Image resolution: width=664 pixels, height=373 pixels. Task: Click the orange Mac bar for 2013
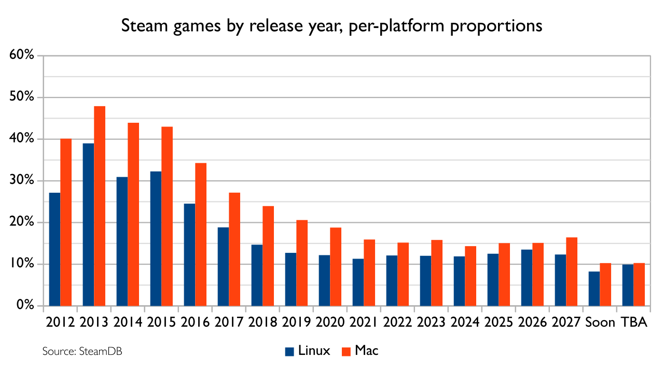coord(100,206)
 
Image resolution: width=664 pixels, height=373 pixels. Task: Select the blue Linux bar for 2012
coord(54,249)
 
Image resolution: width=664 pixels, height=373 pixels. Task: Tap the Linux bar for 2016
coord(189,254)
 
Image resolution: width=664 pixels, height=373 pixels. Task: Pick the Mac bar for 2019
coord(302,263)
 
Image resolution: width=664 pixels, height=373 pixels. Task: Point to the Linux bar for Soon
coord(594,289)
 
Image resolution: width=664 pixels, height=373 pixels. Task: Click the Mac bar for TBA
coord(639,284)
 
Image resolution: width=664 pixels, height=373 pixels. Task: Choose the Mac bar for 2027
coord(572,271)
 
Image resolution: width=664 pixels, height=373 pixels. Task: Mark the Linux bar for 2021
coord(358,282)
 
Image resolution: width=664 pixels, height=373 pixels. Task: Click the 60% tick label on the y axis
coord(22,55)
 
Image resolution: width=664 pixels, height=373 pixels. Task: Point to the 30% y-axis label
coord(22,180)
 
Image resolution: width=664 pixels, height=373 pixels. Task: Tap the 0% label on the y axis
coord(25,305)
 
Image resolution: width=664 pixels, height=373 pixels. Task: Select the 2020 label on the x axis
coord(330,322)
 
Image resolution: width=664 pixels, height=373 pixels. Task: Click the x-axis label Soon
coord(600,322)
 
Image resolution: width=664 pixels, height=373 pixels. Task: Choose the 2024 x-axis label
coord(465,322)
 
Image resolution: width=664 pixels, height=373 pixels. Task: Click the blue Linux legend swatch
coord(289,351)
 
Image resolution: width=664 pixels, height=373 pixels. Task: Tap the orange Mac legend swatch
coord(346,351)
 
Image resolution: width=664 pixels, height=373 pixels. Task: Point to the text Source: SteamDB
coord(82,351)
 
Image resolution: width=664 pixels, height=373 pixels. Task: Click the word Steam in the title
coord(144,25)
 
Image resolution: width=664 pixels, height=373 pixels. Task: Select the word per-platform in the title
coord(396,26)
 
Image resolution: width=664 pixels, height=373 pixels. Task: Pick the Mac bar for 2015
coord(167,217)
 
